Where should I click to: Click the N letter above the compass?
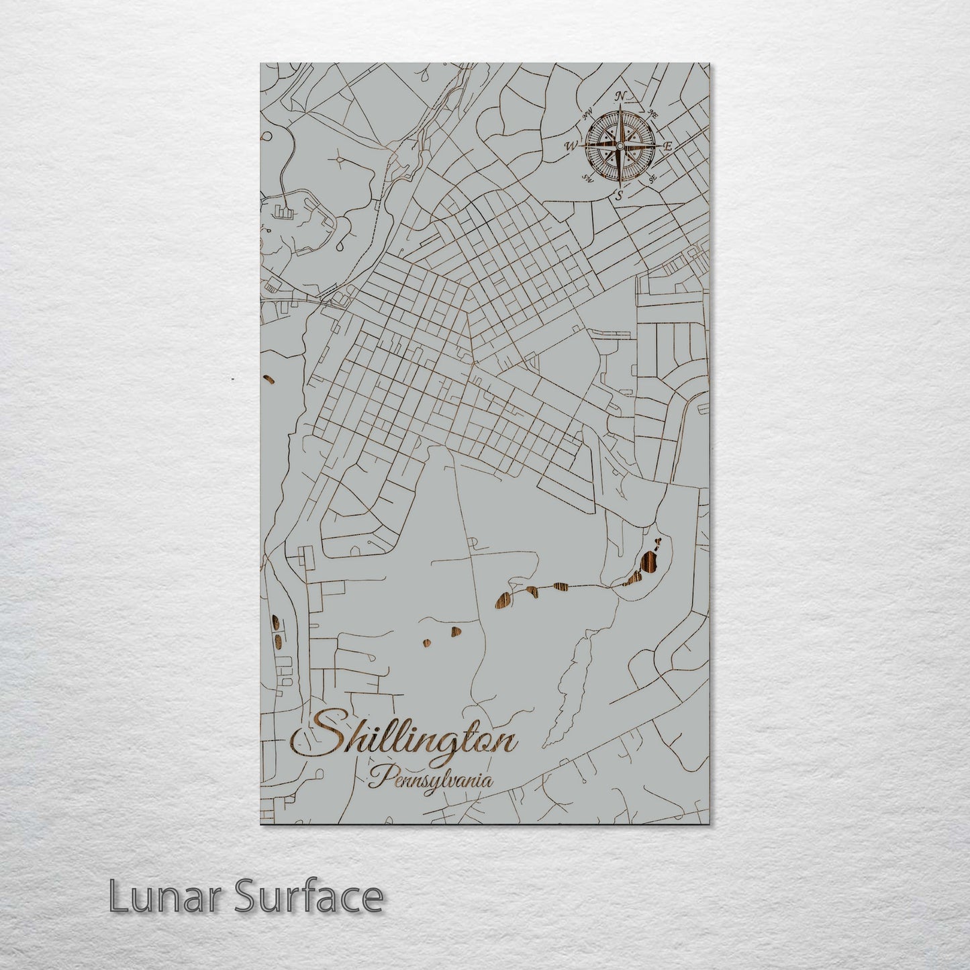pyautogui.click(x=621, y=96)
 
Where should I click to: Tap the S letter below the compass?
pyautogui.click(x=620, y=195)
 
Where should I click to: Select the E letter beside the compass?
pyautogui.click(x=668, y=146)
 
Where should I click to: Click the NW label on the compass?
pyautogui.click(x=587, y=118)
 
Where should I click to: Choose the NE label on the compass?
pyautogui.click(x=653, y=115)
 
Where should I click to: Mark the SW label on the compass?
pyautogui.click(x=588, y=178)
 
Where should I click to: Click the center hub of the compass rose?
pyautogui.click(x=620, y=146)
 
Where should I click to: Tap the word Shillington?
pyautogui.click(x=405, y=740)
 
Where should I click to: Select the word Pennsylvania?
pyautogui.click(x=430, y=780)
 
